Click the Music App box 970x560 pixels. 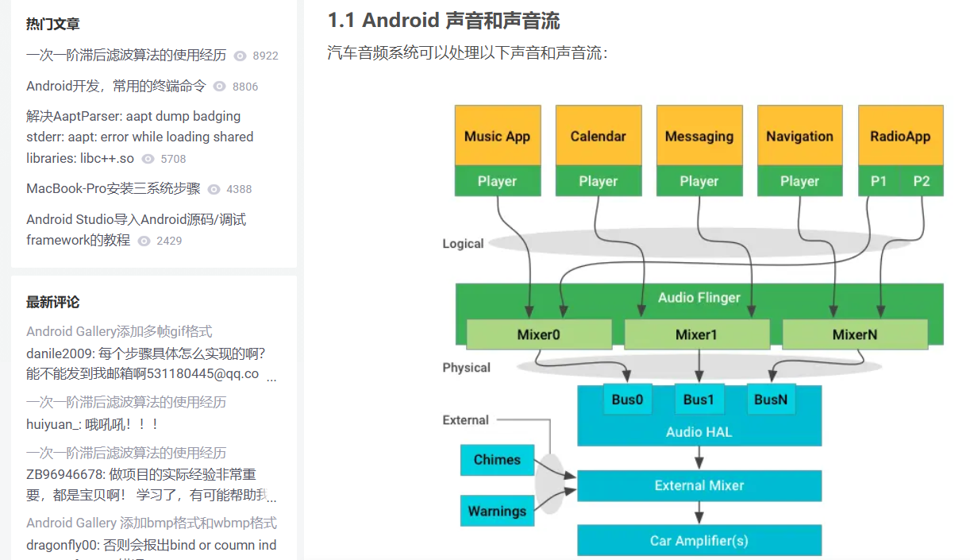497,136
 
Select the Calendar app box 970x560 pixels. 598,136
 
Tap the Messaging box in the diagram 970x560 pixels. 699,136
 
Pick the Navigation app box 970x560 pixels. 799,136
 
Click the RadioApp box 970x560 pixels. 900,136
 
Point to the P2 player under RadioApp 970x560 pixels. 922,181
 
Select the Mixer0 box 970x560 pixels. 538,334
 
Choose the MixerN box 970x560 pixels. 855,334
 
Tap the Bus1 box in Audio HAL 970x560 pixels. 699,400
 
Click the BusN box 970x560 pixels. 771,400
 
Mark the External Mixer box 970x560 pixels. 699,485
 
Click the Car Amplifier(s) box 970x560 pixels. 699,541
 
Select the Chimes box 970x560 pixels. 497,460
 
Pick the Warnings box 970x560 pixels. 497,511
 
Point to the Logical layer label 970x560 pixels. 463,244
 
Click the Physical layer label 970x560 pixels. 466,368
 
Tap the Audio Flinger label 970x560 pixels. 699,298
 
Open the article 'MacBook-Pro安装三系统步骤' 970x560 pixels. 114,188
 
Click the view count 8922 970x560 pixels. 265,56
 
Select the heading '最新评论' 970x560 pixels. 52,302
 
